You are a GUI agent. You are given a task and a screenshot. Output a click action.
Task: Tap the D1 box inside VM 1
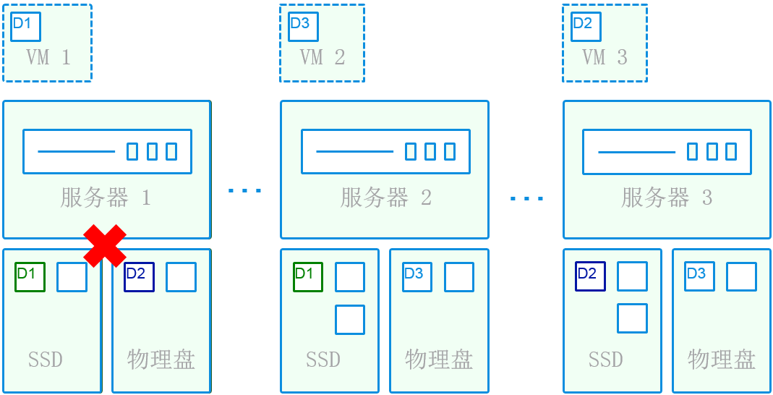[x=25, y=26]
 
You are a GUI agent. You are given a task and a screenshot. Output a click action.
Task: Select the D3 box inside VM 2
[x=302, y=26]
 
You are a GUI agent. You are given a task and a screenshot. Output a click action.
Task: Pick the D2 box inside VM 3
[x=585, y=26]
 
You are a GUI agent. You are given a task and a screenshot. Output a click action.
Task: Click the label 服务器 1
[x=106, y=197]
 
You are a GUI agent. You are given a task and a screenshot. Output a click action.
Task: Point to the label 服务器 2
[x=385, y=197]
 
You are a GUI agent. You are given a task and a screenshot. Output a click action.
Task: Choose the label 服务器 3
[x=667, y=197]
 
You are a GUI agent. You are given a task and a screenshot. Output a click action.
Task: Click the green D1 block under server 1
[x=30, y=276]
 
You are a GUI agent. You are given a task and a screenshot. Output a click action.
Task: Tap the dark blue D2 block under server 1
[x=139, y=276]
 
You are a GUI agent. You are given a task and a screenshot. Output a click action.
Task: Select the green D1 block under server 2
[x=307, y=276]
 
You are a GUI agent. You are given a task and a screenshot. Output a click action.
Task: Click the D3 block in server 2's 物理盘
[x=417, y=276]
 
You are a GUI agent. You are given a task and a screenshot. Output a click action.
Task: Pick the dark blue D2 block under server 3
[x=590, y=276]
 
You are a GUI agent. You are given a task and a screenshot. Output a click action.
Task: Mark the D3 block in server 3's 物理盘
[x=699, y=276]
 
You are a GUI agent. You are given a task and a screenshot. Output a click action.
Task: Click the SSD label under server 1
[x=45, y=359]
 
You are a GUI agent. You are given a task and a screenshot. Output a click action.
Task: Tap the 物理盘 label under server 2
[x=438, y=359]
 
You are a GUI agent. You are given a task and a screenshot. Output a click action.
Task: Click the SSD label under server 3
[x=605, y=359]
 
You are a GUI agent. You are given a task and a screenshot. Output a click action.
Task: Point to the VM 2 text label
[x=323, y=58]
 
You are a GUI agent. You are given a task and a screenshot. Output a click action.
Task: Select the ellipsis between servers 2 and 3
[x=526, y=197]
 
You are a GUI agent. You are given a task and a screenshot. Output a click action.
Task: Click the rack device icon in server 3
[x=666, y=151]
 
